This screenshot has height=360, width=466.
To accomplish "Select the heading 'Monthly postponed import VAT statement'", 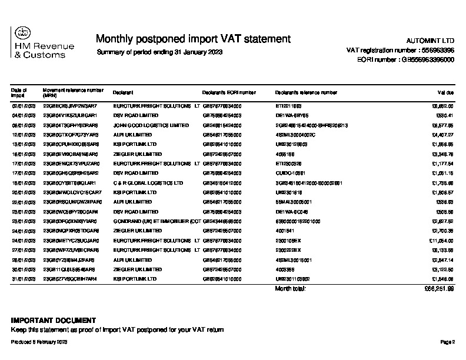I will tap(193, 39).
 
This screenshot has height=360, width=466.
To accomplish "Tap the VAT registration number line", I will tap(400, 51).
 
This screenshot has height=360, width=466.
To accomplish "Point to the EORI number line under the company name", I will tap(405, 60).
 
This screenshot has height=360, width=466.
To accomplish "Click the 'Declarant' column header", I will tap(124, 92).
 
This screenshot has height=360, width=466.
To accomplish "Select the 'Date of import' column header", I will tap(18, 92).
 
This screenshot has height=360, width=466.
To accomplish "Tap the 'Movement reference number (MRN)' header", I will tap(72, 92).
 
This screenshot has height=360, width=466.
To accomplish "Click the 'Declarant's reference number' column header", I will tap(306, 92).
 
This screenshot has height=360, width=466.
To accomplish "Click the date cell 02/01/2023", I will tap(24, 106).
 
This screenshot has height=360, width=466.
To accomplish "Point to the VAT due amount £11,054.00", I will tap(441, 241).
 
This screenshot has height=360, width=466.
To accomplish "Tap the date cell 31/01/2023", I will tap(24, 279).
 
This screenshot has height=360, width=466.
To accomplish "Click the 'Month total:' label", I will tap(290, 289).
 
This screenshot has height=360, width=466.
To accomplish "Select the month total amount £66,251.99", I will tap(440, 289).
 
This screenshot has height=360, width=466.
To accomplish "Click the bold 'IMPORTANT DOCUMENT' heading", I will tap(54, 321).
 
